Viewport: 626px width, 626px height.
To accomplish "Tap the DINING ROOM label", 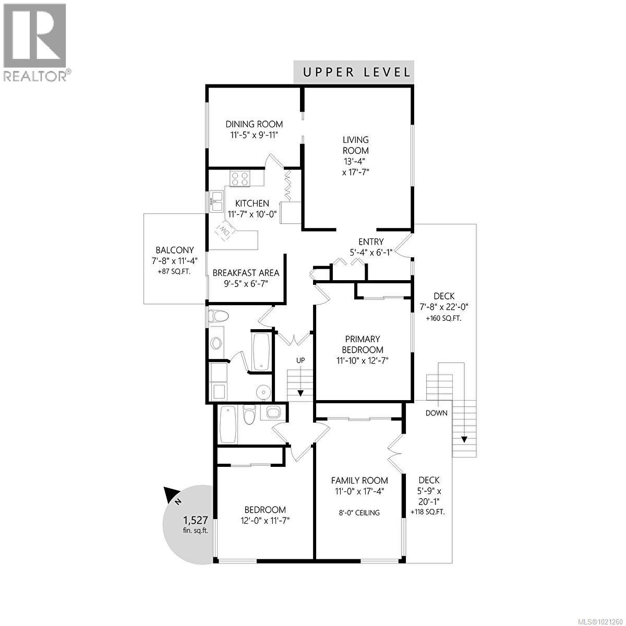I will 254,124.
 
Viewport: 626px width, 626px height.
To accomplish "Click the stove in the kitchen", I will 240,179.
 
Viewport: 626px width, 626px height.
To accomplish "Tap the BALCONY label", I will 174,250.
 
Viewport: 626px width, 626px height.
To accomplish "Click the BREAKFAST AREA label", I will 246,273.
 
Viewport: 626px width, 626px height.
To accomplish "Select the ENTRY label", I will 371,242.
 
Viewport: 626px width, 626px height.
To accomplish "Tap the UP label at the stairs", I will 300,360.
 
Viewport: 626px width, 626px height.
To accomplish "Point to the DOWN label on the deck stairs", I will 436,413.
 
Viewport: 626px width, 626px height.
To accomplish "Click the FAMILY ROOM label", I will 359,480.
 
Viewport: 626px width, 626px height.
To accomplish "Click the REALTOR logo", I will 35,42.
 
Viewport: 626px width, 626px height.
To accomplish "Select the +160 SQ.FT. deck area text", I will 443,318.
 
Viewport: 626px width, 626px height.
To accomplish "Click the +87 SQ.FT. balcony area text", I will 174,272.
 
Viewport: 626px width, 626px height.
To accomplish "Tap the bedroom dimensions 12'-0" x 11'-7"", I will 265,521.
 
